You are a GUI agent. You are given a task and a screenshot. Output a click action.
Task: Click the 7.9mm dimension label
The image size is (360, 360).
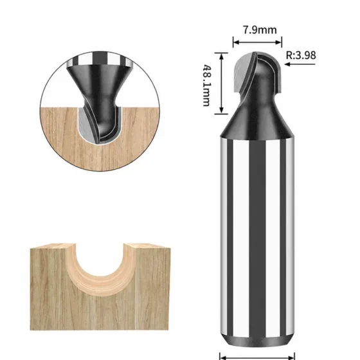pos(260,30)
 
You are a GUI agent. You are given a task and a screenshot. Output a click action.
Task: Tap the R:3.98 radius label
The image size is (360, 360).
pos(301,55)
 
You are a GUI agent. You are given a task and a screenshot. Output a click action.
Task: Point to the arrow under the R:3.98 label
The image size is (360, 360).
pos(300,64)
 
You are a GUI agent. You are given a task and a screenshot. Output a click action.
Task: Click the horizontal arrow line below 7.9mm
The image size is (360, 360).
pos(257,42)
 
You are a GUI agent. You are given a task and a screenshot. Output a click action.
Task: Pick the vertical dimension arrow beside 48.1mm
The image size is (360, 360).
pos(221,83)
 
